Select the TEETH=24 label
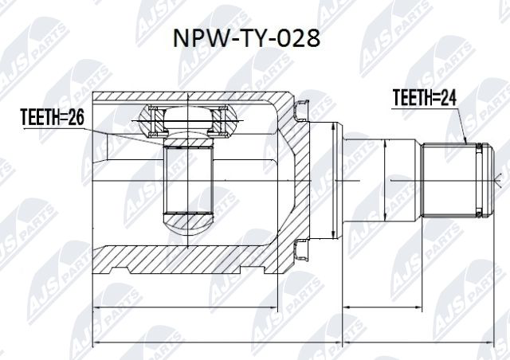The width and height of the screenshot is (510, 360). (426, 98)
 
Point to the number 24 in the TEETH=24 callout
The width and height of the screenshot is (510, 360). (449, 98)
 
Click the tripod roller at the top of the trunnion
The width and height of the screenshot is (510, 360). (189, 121)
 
